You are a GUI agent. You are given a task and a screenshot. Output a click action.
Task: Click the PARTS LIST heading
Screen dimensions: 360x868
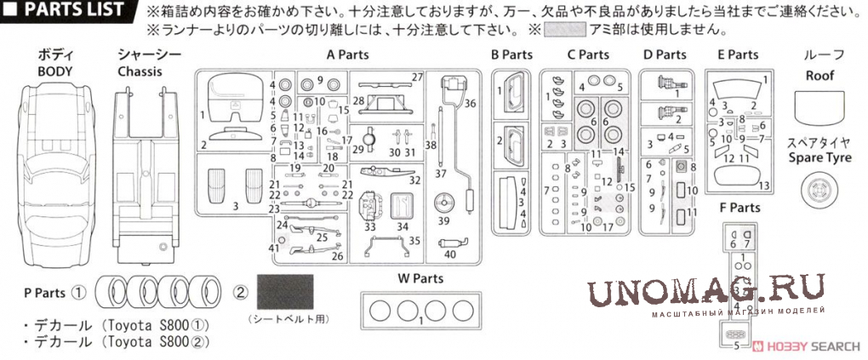pos(71,11)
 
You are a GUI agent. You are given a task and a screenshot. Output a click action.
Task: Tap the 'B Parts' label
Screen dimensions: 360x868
pos(511,54)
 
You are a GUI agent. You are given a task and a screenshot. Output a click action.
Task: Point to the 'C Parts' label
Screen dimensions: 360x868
pos(588,54)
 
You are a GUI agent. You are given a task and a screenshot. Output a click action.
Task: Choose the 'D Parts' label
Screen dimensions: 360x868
pos(665,54)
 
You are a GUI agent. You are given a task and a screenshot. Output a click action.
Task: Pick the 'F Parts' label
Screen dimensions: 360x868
pos(740,208)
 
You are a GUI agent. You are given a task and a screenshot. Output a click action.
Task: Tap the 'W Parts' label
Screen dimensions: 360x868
pos(420,278)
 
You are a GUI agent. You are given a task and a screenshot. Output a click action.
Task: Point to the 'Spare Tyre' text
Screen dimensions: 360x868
pos(825,157)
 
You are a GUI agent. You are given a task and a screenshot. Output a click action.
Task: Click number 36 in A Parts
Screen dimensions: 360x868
pos(470,103)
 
